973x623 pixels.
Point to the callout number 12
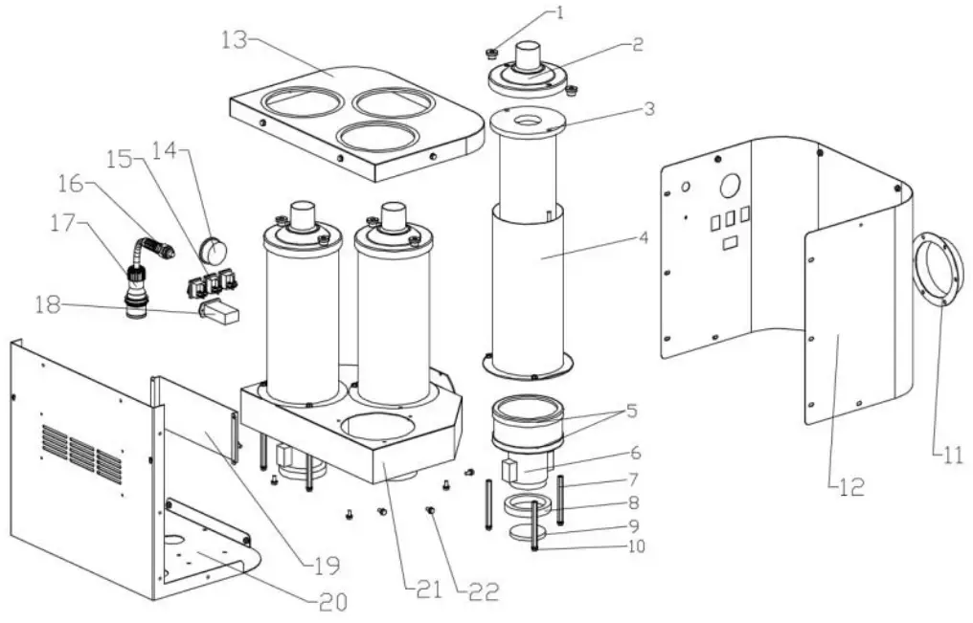click(851, 486)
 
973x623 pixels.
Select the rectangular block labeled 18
click(220, 313)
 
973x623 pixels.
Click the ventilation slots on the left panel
click(81, 451)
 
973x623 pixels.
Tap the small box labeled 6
click(513, 470)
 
